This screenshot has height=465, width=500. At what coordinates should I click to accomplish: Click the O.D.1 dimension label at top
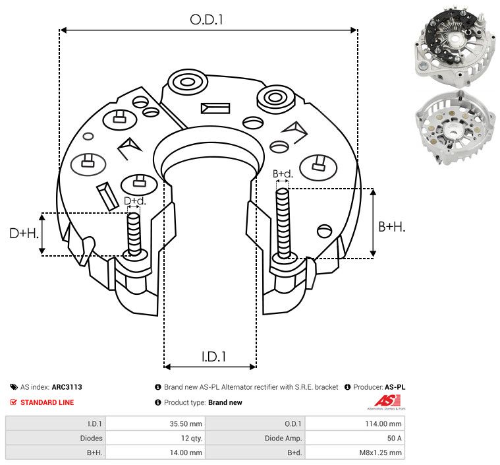point(206,20)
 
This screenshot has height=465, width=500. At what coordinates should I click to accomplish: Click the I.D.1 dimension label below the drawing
point(213,357)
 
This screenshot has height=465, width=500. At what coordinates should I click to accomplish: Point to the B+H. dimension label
point(391,227)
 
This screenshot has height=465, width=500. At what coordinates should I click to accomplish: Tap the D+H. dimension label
point(24,233)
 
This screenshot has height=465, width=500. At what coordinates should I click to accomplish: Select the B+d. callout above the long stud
point(283,173)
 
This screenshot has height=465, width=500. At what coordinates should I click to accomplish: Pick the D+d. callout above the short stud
point(134,201)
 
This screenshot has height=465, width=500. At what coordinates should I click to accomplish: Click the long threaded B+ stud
point(283,224)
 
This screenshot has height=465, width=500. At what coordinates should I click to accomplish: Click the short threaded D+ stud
point(134,235)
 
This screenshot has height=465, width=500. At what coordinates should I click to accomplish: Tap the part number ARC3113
point(67,387)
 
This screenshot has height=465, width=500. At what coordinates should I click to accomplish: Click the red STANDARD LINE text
point(47,402)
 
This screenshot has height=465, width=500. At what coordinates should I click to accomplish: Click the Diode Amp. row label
point(283,438)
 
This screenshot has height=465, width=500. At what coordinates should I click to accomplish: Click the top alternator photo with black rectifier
point(455,46)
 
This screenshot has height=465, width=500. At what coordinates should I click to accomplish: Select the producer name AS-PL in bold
point(395,387)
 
